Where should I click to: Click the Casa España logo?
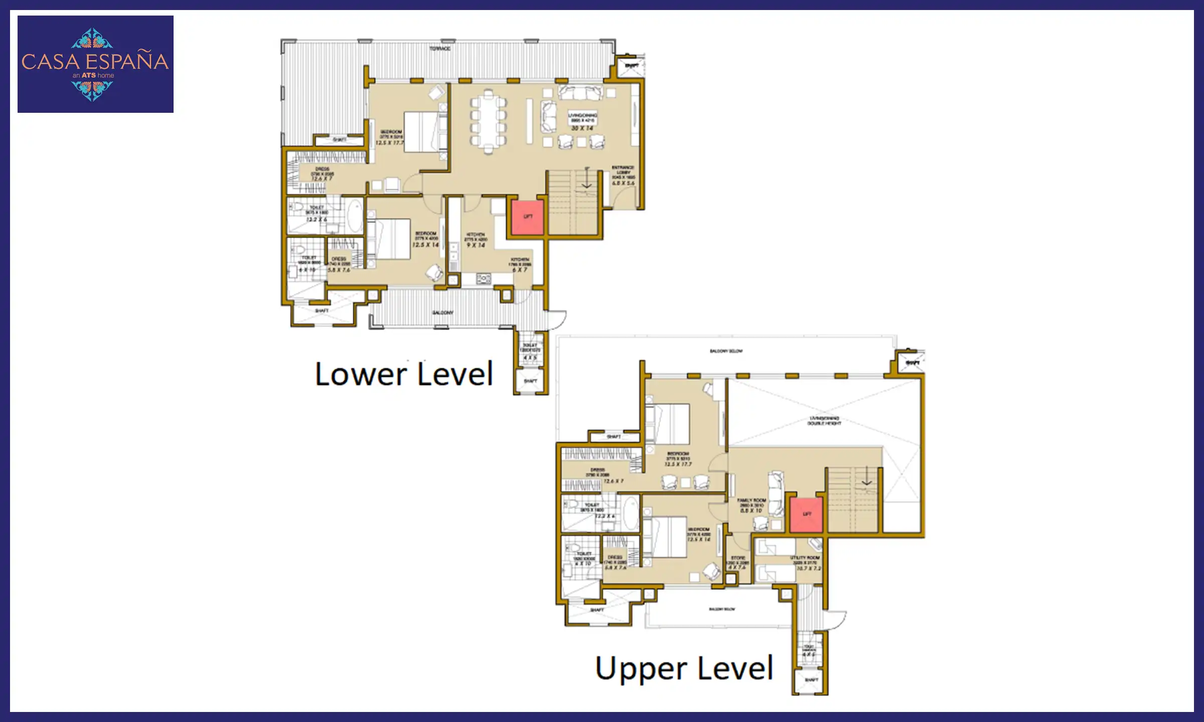point(95,64)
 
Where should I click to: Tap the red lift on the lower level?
point(527,217)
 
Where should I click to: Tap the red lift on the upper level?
point(806,514)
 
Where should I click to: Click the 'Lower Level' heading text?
point(404,374)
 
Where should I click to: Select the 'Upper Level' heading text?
point(684,668)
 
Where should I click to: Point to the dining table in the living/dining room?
point(488,122)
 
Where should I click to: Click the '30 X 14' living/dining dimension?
point(582,128)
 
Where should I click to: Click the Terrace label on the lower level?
point(440,49)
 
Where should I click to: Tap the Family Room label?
point(751,501)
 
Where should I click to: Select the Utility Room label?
point(805,558)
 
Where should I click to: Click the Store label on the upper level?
point(738,558)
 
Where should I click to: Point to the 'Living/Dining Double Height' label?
point(824,421)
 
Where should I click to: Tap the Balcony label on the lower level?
point(442,313)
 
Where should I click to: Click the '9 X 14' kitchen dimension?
point(476,245)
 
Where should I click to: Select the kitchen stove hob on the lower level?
point(484,278)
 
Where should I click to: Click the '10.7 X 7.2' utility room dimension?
point(809,569)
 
